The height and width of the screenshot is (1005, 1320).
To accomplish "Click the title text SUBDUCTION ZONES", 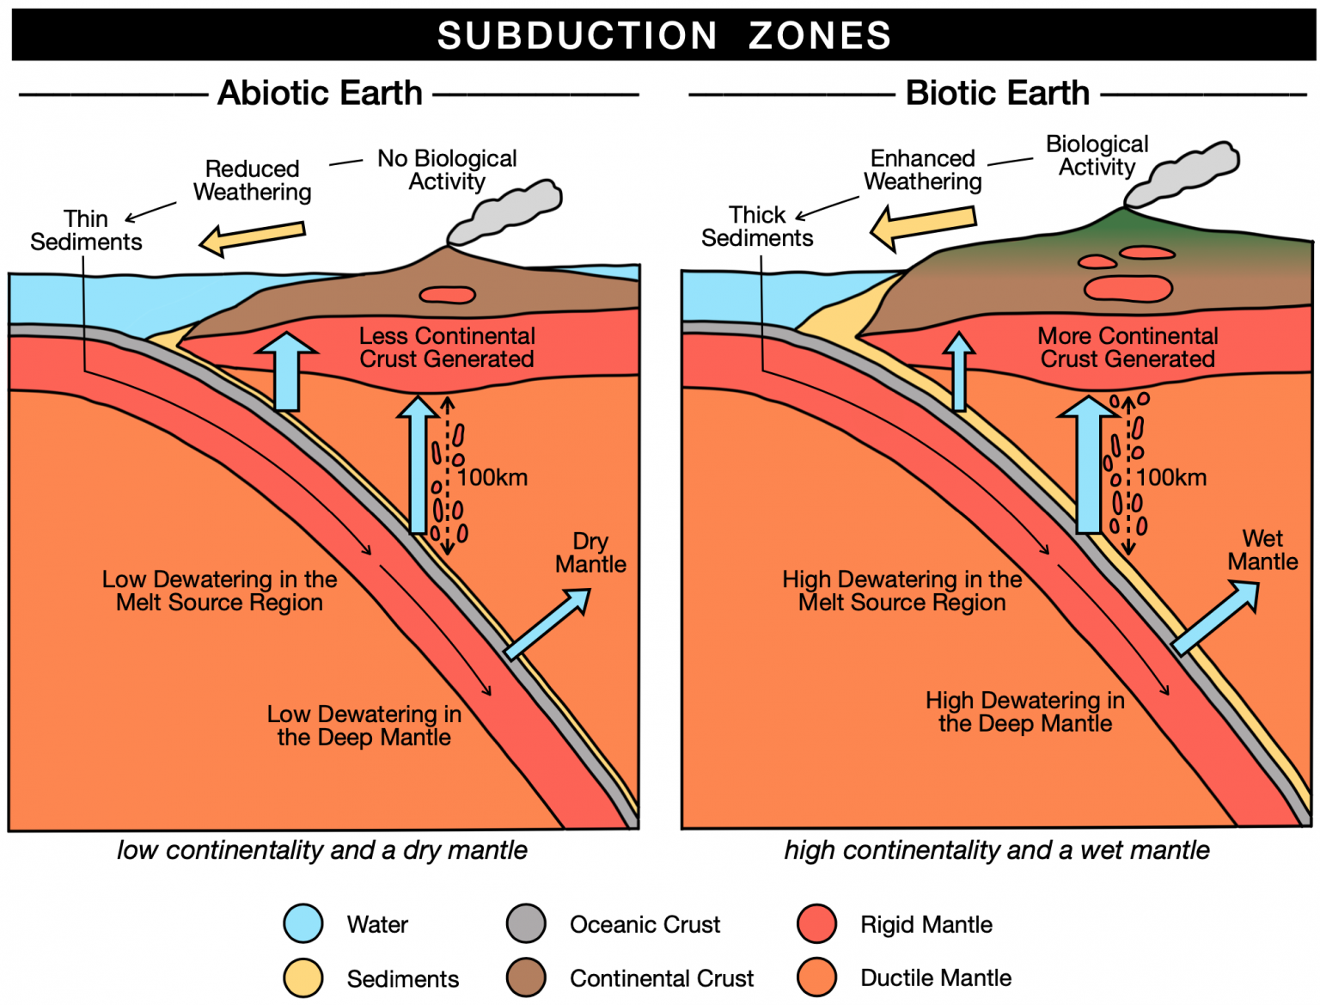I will [x=663, y=35].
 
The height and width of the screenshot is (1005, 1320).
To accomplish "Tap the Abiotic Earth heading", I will [x=320, y=93].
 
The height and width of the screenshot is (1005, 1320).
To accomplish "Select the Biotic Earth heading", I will [x=997, y=93].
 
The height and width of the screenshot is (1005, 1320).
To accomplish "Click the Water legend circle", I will [x=303, y=924].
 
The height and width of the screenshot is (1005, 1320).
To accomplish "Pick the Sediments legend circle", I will [x=303, y=977].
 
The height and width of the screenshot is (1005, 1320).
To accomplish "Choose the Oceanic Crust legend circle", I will [x=526, y=924].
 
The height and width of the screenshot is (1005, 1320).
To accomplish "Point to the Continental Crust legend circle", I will [x=526, y=977].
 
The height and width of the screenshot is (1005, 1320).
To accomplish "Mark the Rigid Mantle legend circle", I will [x=816, y=924].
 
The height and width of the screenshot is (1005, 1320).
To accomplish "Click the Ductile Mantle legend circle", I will [x=816, y=977].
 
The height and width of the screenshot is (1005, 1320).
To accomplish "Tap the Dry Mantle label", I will [x=590, y=553].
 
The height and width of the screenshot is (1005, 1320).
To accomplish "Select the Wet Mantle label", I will [x=1262, y=550].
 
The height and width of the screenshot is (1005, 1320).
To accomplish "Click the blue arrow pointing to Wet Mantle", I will [x=1215, y=618].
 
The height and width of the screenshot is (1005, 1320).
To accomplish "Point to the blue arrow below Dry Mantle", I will [x=547, y=623].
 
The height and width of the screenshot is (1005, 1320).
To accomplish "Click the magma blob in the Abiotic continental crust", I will [x=447, y=296].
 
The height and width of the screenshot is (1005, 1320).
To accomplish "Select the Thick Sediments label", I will [x=757, y=226].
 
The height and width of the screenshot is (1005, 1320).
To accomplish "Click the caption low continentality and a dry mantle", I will [x=322, y=850].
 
